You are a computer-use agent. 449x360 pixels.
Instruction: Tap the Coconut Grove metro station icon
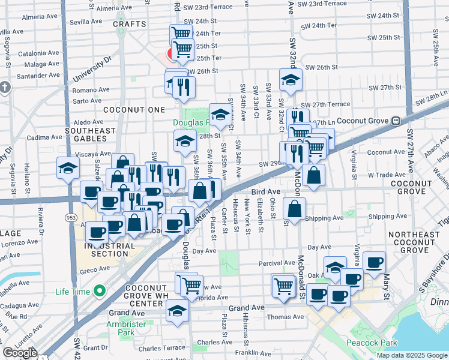(x=396, y=121)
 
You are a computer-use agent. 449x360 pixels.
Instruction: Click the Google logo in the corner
(x=20, y=353)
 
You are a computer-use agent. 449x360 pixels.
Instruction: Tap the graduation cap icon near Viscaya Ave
(x=68, y=168)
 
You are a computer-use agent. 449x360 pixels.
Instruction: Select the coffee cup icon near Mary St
(x=375, y=262)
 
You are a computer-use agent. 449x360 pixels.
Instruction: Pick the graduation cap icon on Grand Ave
(x=178, y=311)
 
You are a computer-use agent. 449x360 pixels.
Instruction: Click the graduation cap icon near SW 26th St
(x=291, y=80)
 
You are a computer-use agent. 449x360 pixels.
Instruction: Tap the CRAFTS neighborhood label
(x=129, y=24)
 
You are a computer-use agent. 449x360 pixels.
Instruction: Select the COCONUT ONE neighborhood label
(x=133, y=110)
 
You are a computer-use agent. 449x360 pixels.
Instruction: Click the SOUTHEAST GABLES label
(x=90, y=135)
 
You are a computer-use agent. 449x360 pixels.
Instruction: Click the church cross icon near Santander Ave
(x=5, y=88)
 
